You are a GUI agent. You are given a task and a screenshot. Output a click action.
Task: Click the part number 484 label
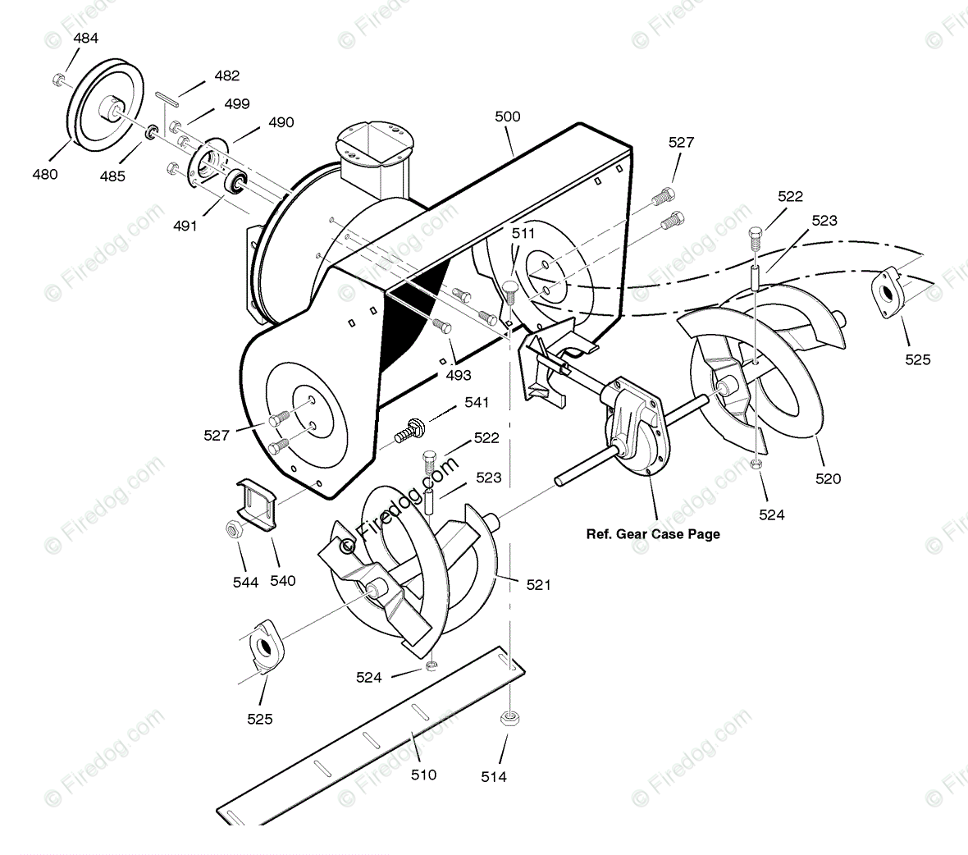point(85,39)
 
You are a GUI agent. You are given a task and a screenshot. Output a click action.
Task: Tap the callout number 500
point(507,117)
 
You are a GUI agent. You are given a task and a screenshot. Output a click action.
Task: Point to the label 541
point(476,402)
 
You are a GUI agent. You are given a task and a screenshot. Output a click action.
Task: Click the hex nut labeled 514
point(507,720)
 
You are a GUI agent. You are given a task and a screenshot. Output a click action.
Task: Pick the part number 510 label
point(423,774)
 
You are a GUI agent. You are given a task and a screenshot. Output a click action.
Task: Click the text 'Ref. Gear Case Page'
point(653,534)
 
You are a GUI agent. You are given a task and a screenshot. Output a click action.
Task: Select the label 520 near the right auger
point(828,478)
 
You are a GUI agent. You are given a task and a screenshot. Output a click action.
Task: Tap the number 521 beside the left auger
point(538,584)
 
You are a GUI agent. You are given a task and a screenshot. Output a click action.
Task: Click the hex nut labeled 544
point(232,530)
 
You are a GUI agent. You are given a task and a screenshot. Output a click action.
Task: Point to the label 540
point(282,581)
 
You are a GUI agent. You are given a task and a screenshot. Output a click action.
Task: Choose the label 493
point(458,375)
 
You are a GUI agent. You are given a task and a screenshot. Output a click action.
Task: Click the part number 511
point(522,234)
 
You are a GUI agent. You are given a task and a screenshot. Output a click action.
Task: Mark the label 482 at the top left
point(226,75)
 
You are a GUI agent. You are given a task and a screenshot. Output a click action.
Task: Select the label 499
point(236,104)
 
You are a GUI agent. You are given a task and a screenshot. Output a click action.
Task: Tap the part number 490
point(281,122)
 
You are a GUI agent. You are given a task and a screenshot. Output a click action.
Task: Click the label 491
point(185,226)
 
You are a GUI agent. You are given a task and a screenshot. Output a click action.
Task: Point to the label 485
point(112,176)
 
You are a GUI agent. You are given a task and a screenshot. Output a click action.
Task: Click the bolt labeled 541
point(409,429)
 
